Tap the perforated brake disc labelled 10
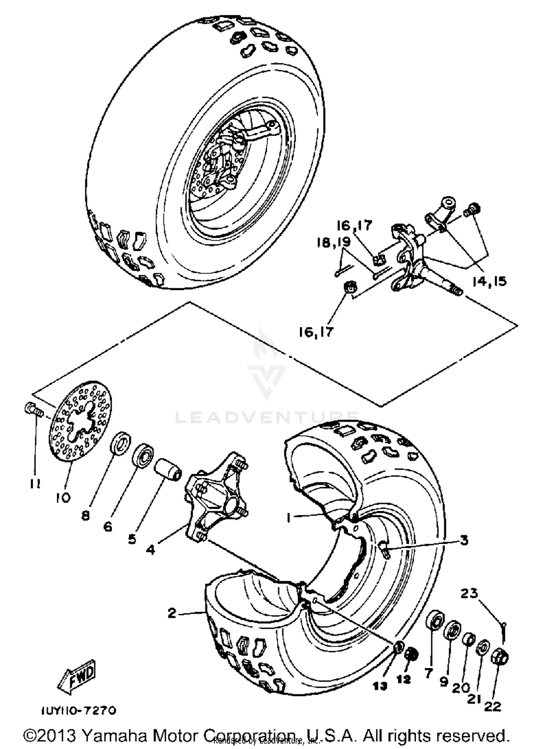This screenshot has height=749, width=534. tap(80, 422)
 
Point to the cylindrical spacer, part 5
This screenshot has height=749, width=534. tap(168, 469)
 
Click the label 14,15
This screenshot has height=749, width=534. tap(489, 281)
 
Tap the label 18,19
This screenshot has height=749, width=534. tap(334, 242)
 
